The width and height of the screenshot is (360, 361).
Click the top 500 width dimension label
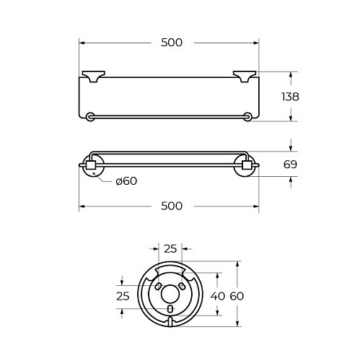pyautogui.click(x=172, y=43)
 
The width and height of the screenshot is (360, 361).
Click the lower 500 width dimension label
pyautogui.click(x=172, y=206)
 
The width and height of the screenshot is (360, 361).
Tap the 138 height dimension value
pyautogui.click(x=290, y=97)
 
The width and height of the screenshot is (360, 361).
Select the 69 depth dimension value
pyautogui.click(x=290, y=165)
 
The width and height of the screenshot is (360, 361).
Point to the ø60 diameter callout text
pyautogui.click(x=126, y=181)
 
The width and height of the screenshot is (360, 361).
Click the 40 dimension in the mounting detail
pyautogui.click(x=218, y=296)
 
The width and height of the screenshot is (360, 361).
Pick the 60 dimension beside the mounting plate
pyautogui.click(x=237, y=296)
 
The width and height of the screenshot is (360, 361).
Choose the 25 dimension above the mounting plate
pyautogui.click(x=170, y=249)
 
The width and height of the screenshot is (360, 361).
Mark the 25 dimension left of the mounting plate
pyautogui.click(x=123, y=296)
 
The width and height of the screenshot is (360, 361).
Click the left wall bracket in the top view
pyautogui.click(x=94, y=77)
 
